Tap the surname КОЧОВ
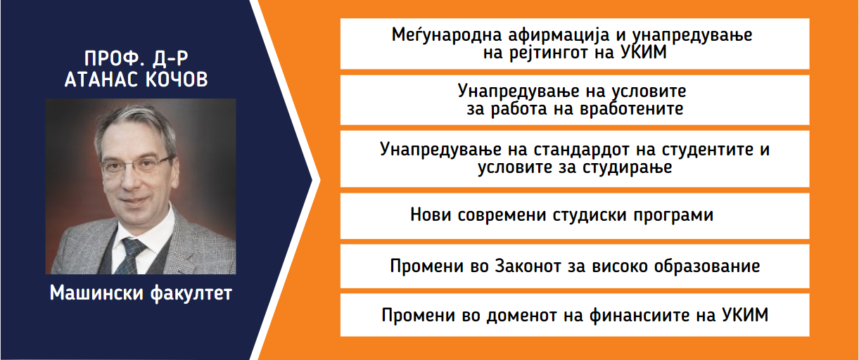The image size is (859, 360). pyautogui.click(x=177, y=79)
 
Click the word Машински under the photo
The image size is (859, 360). pyautogui.click(x=96, y=293)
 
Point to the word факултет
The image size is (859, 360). pyautogui.click(x=191, y=294)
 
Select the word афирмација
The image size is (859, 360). pyautogui.click(x=559, y=36)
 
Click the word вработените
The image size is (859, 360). pyautogui.click(x=631, y=108)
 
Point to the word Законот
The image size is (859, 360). pyautogui.click(x=528, y=266)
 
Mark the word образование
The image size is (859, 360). pyautogui.click(x=707, y=266)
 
